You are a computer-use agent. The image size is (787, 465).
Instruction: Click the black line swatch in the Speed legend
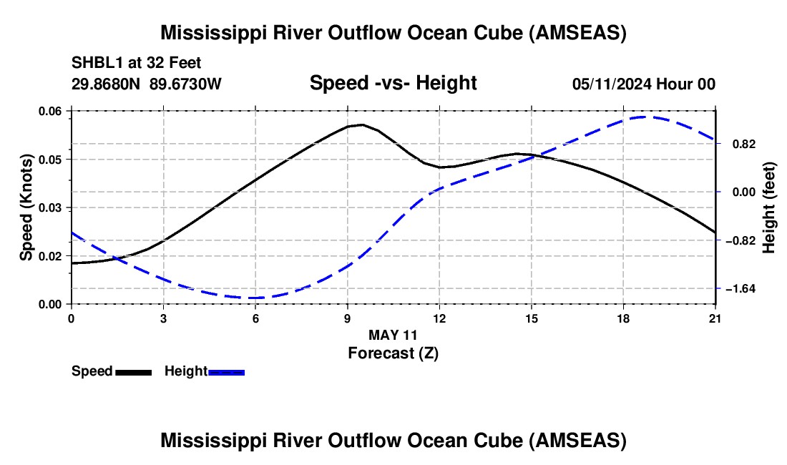134,373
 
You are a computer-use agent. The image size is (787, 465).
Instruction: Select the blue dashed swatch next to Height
226,373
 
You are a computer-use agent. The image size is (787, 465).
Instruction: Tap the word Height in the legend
186,371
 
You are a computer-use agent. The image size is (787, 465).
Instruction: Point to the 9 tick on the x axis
347,318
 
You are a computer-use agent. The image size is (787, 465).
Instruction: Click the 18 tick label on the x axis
623,318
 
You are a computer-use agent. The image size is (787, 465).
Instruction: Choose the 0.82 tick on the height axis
744,145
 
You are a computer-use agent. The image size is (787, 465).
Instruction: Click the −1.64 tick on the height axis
740,289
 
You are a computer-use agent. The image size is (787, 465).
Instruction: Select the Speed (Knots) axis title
26,207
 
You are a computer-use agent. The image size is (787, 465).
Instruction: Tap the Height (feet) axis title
768,207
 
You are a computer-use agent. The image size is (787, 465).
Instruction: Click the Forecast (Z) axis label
393,353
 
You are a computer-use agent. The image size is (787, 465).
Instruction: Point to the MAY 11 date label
393,335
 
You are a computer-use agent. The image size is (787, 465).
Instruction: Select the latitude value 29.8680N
106,84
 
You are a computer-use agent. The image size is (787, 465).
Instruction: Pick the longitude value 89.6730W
185,84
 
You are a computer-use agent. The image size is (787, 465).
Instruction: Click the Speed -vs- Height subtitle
393,83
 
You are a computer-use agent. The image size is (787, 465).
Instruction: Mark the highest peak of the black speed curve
362,124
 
